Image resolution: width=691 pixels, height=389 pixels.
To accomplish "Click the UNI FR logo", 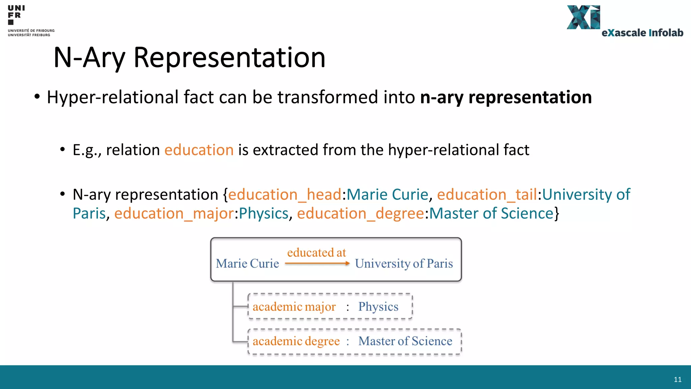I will point(16,15).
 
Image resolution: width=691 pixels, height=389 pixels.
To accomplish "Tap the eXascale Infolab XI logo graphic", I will point(583,17).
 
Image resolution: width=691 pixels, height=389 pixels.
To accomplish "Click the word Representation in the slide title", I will point(229,57).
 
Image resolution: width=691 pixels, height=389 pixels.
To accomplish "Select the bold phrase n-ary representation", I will point(506,97).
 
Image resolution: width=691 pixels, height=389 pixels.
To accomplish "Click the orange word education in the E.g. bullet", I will point(199,150).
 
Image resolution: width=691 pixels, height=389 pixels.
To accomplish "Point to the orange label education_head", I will point(285,194).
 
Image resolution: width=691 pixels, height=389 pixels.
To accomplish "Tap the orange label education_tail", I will point(487,194).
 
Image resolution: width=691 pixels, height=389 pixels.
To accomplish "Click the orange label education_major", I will point(174,213).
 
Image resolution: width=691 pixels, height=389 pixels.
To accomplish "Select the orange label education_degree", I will point(360,213).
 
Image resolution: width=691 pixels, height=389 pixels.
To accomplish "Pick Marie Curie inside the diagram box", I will point(247,263).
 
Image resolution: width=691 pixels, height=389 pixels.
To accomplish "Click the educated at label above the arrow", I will point(316,253).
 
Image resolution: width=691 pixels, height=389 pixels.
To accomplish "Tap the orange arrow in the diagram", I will point(317,263).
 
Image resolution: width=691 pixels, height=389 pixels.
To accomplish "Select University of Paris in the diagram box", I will point(404,263).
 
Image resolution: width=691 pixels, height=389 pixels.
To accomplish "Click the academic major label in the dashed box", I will point(294,307).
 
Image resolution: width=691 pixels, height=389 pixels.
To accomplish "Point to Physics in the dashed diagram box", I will point(378,307).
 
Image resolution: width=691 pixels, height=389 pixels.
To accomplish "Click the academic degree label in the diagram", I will point(296,341).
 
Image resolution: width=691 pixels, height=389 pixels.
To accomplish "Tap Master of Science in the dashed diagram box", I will point(405,341).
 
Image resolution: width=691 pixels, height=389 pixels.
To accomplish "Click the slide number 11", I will point(678,380).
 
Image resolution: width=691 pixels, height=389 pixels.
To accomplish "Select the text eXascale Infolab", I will point(642,33).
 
